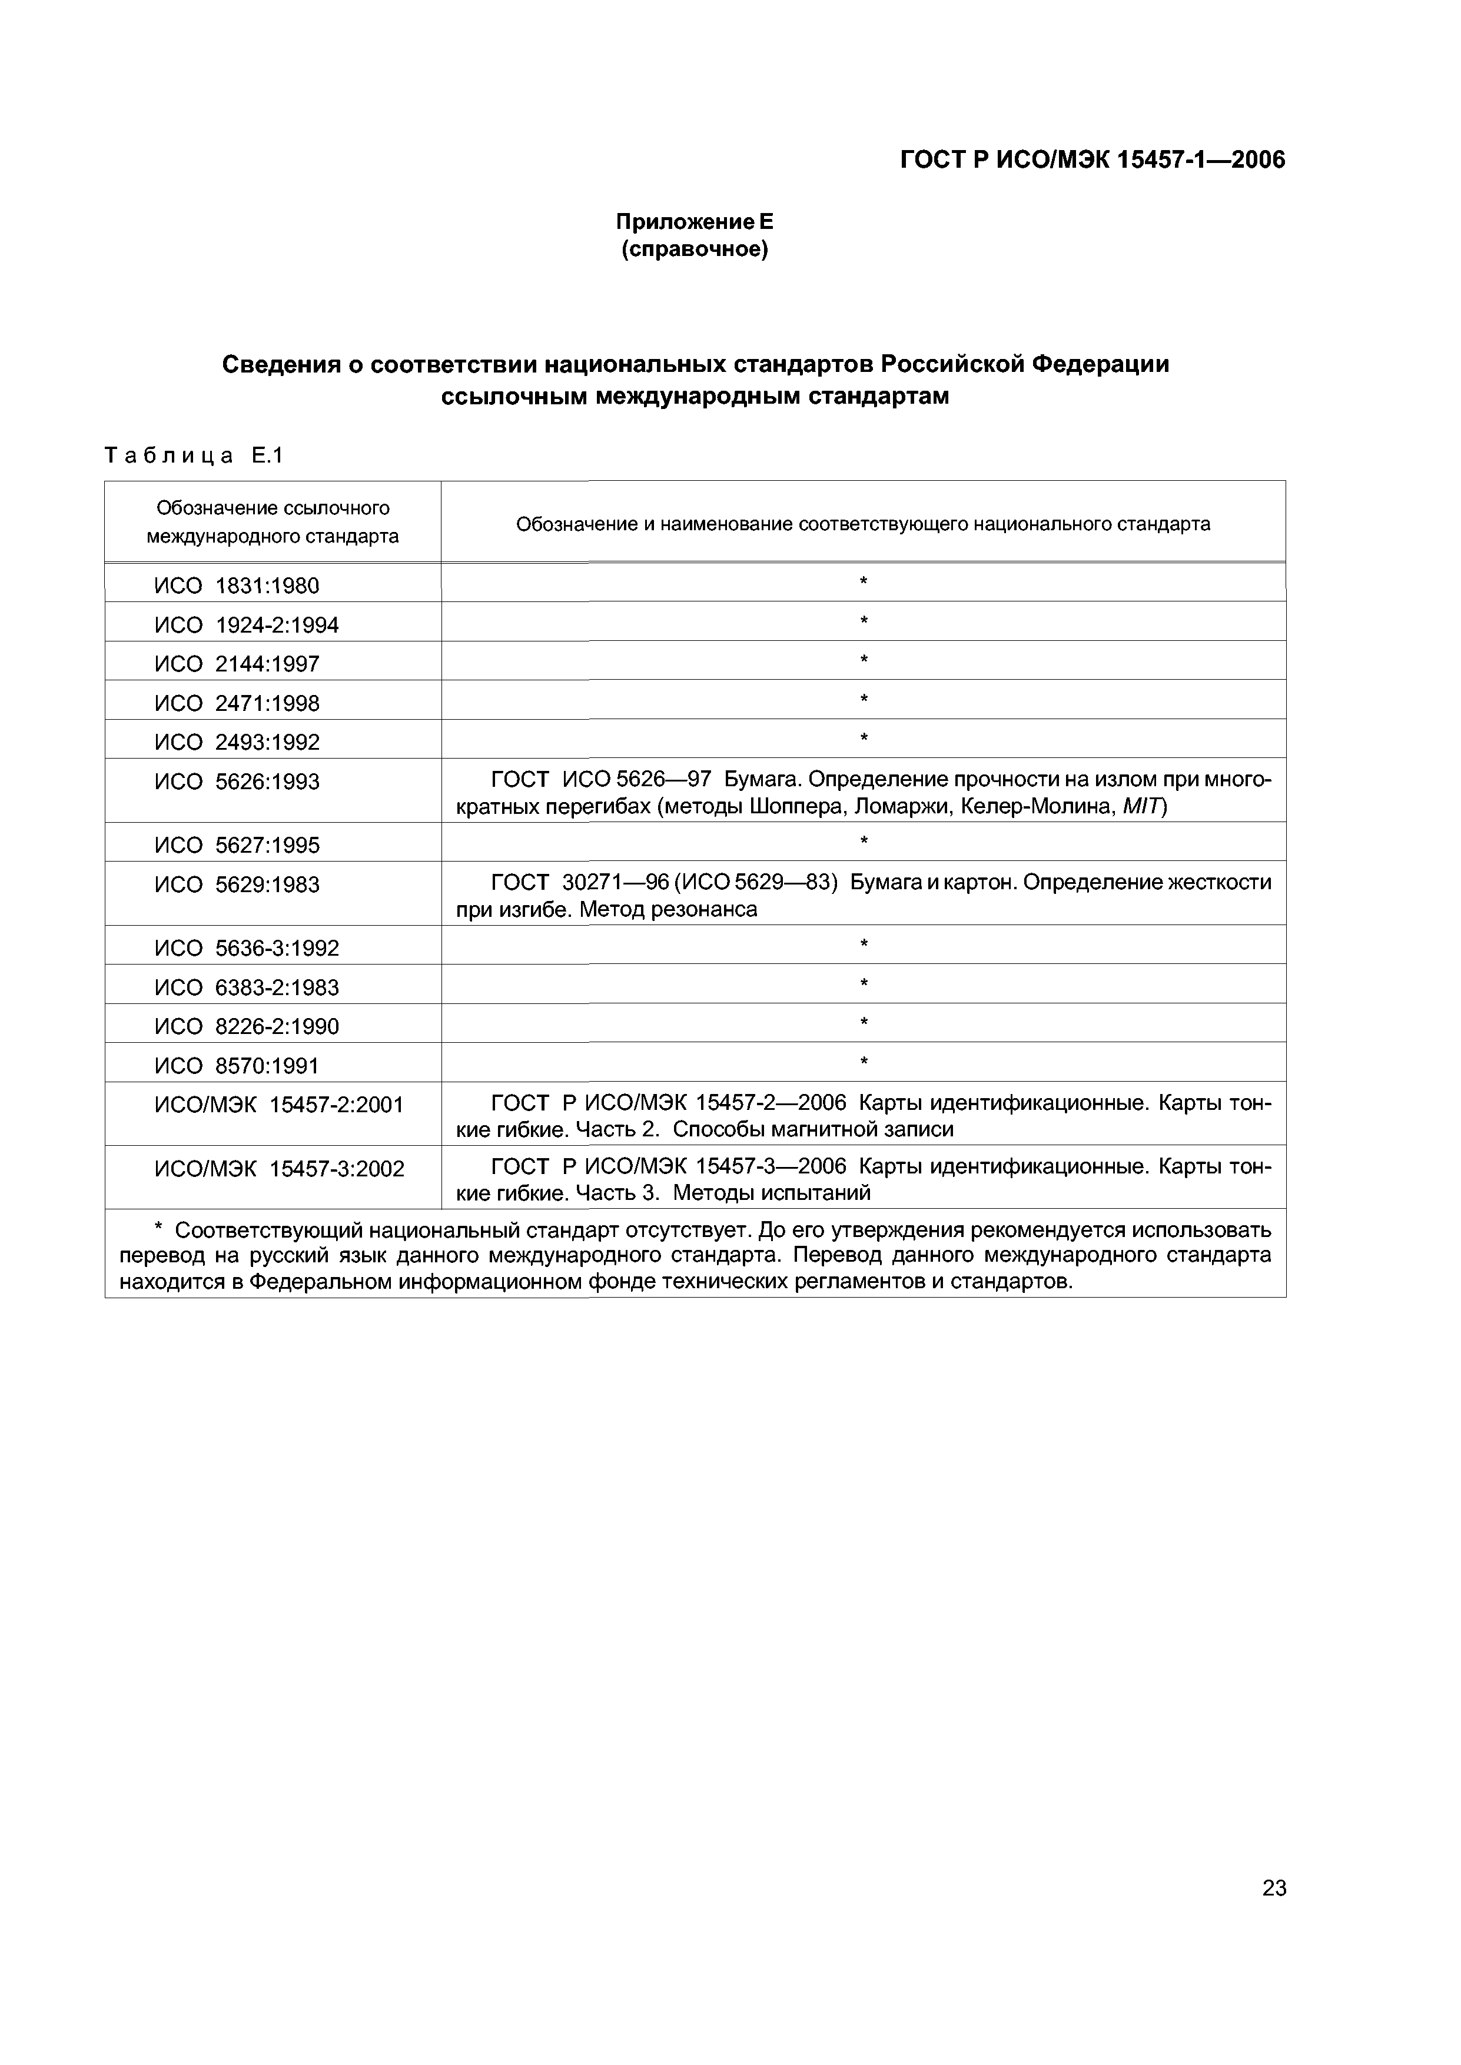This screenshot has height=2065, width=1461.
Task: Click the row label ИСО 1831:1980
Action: (x=237, y=586)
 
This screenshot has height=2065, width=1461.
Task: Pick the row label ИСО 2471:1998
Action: (x=237, y=703)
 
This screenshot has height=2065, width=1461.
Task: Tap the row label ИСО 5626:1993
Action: (x=237, y=782)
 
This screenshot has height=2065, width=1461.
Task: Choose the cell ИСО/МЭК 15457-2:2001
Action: (x=279, y=1105)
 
